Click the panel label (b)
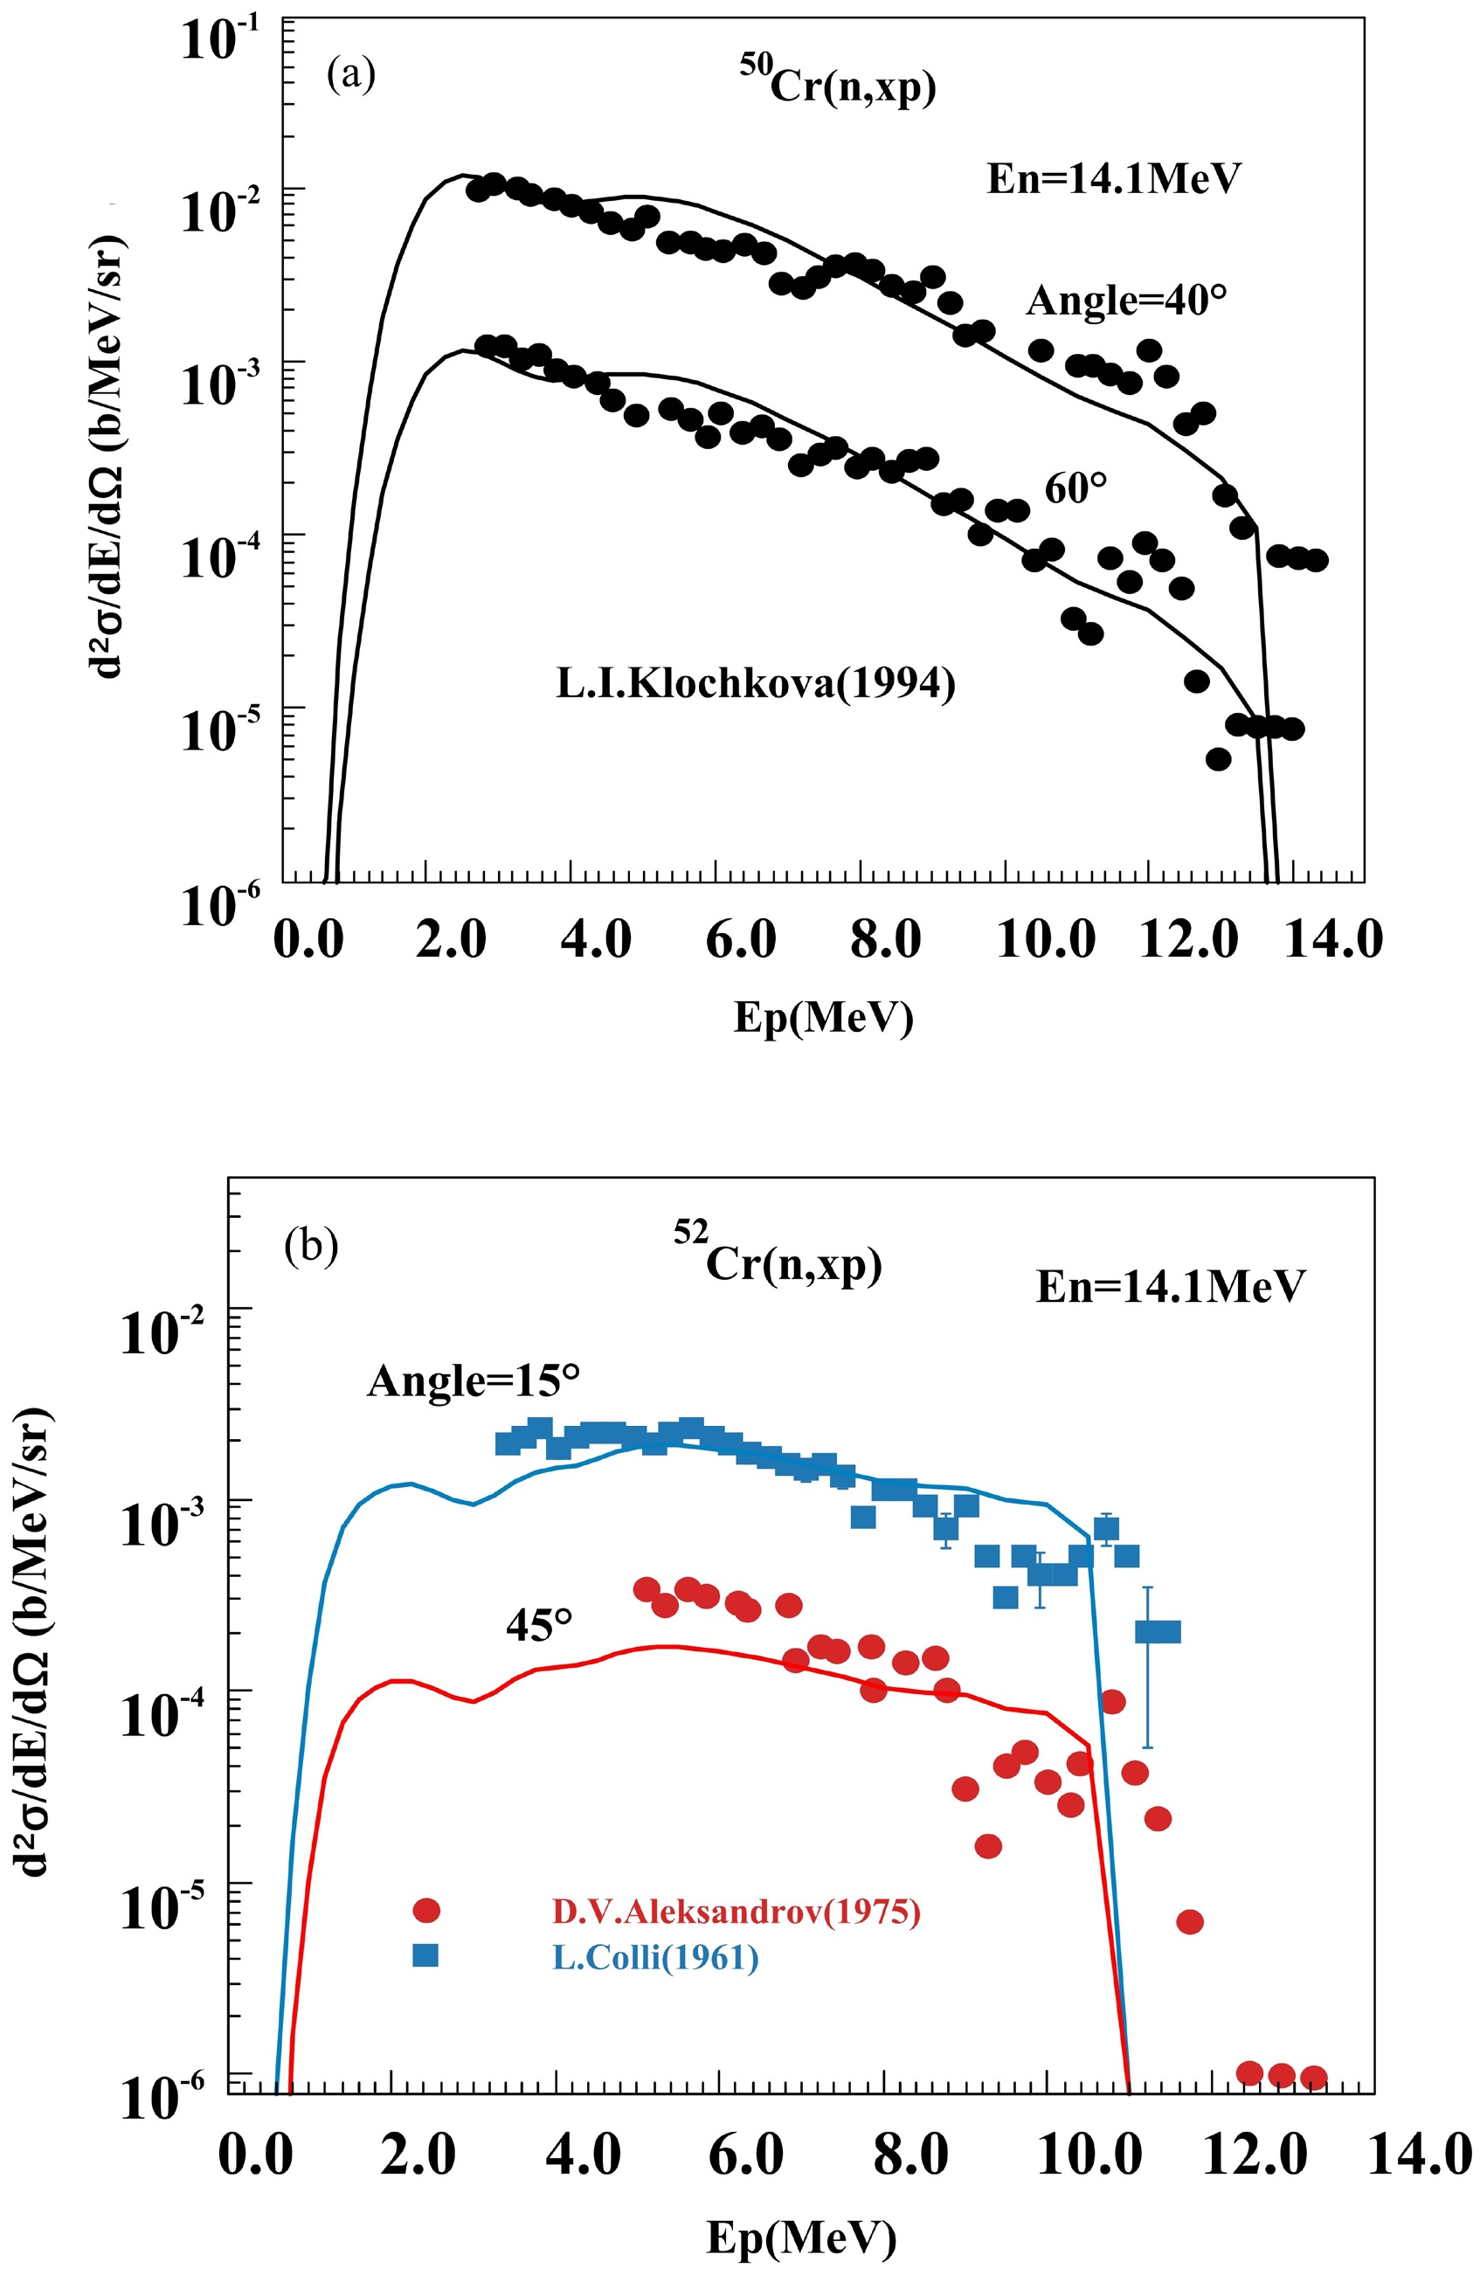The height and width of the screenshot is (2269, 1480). click(312, 1248)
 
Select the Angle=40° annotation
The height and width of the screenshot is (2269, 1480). click(1126, 301)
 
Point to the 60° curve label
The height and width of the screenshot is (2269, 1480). click(1075, 489)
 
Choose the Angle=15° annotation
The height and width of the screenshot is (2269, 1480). click(473, 1380)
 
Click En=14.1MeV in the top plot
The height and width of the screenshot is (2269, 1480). click(1114, 178)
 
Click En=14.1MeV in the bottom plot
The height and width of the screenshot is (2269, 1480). click(1169, 1287)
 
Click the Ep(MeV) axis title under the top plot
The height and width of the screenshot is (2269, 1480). click(823, 1018)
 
